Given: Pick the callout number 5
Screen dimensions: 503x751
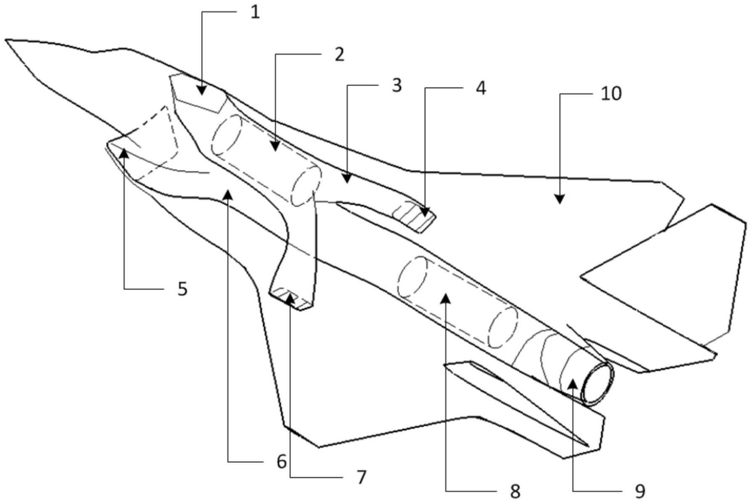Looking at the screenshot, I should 182,289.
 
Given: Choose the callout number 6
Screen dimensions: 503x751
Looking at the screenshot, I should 281,462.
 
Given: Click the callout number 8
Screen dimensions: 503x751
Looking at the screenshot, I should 515,490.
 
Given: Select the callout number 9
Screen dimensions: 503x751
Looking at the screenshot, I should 637,489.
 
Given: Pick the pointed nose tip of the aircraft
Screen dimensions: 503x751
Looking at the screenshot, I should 8,41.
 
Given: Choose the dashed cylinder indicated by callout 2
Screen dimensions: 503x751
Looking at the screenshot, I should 263,160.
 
